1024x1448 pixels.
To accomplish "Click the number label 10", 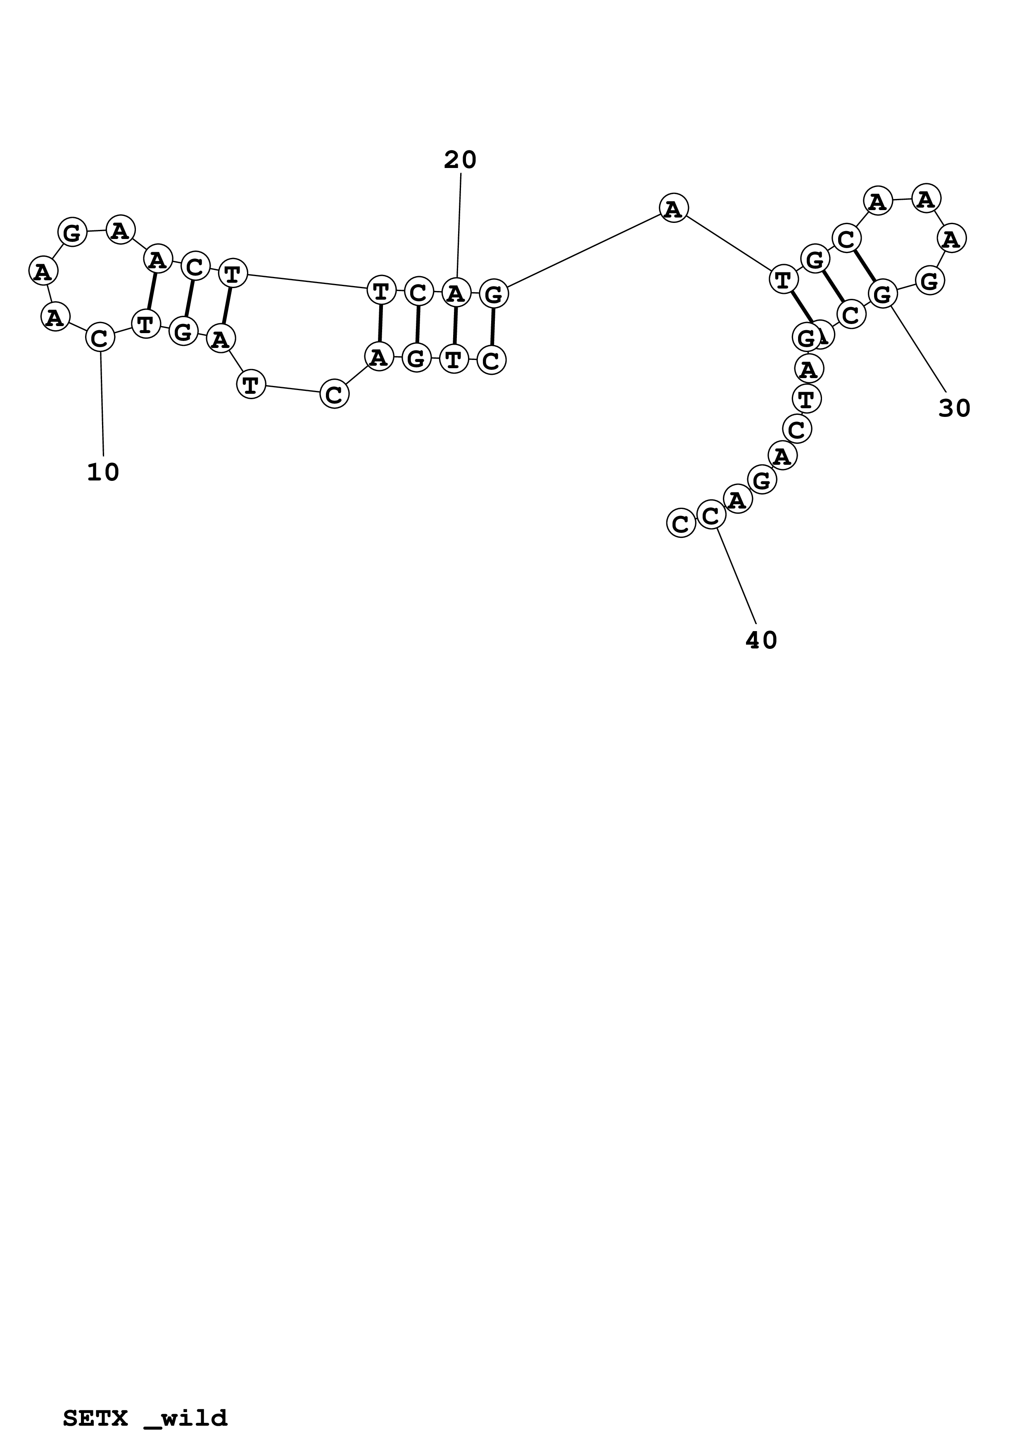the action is [103, 472].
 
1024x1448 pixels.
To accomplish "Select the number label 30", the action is [954, 409].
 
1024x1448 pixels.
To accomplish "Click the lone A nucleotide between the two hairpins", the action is [673, 208].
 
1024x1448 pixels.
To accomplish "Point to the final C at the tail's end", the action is [680, 523].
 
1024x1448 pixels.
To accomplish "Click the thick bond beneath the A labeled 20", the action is [455, 326].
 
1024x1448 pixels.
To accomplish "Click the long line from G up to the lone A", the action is [584, 251].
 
